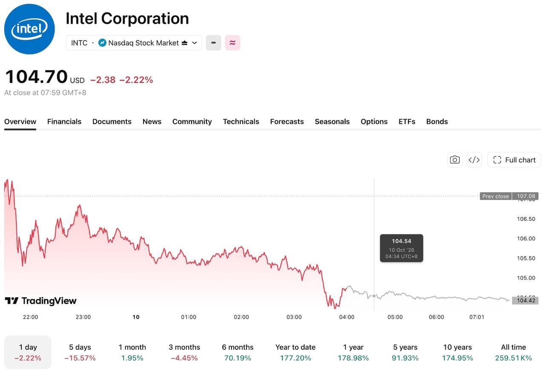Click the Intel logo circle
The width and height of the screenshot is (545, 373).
click(29, 29)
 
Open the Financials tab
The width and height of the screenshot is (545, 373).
click(64, 122)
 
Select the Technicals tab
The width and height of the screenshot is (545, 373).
click(241, 122)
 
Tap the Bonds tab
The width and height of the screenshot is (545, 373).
click(437, 122)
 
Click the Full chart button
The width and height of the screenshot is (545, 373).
click(514, 160)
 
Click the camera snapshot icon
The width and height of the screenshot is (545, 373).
click(454, 160)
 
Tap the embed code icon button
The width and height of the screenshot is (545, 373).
click(474, 160)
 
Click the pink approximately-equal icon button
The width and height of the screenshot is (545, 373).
click(232, 43)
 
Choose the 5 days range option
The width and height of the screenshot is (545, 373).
click(80, 352)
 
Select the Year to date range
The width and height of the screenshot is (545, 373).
click(295, 352)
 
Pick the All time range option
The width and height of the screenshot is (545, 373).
click(513, 352)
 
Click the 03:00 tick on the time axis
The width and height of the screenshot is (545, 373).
click(294, 317)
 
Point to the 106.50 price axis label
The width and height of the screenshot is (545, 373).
click(526, 219)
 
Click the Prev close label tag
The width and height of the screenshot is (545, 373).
click(496, 196)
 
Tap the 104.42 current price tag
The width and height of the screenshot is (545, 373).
click(525, 300)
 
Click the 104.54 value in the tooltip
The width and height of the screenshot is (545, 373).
click(402, 241)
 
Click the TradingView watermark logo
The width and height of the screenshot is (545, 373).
click(40, 301)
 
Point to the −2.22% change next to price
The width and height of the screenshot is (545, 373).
click(136, 80)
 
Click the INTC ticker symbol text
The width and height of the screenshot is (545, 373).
click(79, 43)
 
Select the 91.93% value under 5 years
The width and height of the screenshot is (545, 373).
click(405, 358)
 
